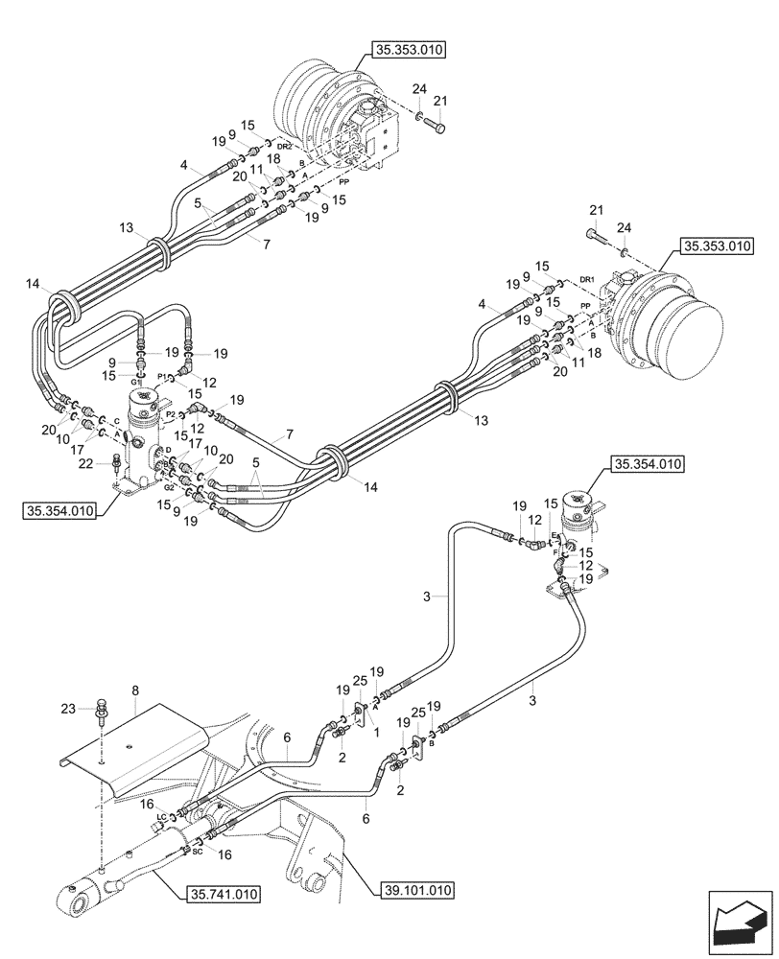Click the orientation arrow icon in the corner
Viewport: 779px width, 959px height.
[x=741, y=924]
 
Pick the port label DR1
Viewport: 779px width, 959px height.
[x=588, y=279]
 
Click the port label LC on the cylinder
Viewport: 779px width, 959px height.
[x=162, y=817]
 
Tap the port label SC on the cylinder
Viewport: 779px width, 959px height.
[x=197, y=851]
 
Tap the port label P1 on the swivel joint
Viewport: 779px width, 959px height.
[x=162, y=376]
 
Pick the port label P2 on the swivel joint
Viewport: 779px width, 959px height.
[x=170, y=414]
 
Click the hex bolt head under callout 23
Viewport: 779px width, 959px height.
[x=100, y=713]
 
